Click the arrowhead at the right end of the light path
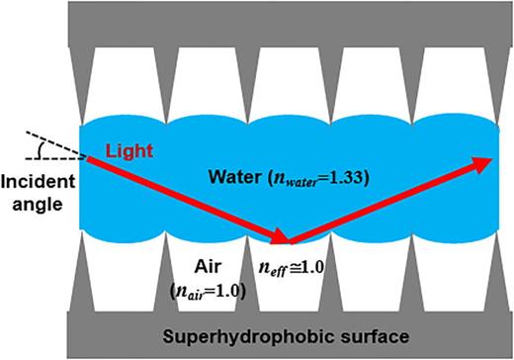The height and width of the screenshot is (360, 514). tap(483, 162)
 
